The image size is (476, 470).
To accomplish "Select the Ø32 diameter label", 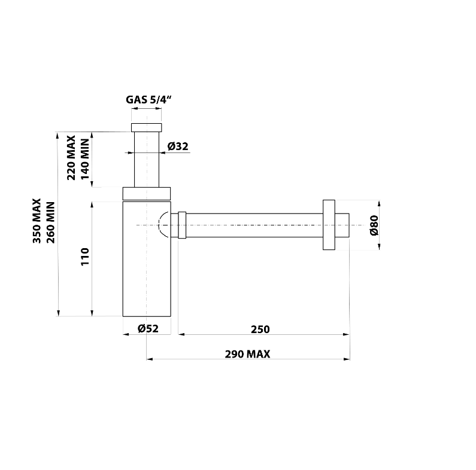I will click(178, 146).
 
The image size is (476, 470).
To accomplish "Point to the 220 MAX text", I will click(71, 157).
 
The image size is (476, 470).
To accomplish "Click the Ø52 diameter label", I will click(147, 328).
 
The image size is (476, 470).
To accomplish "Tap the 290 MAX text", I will click(247, 354).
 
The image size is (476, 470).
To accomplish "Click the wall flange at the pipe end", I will click(328, 225).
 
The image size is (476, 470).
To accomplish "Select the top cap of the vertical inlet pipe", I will click(147, 127).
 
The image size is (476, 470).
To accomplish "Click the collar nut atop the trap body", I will click(147, 193).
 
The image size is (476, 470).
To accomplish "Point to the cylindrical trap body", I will click(147, 269).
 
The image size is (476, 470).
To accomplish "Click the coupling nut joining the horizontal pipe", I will click(183, 225).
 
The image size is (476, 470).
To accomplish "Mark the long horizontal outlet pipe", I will click(254, 225).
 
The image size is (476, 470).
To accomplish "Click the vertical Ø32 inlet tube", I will click(147, 161).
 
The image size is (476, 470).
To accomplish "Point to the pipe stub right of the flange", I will click(342, 225).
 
